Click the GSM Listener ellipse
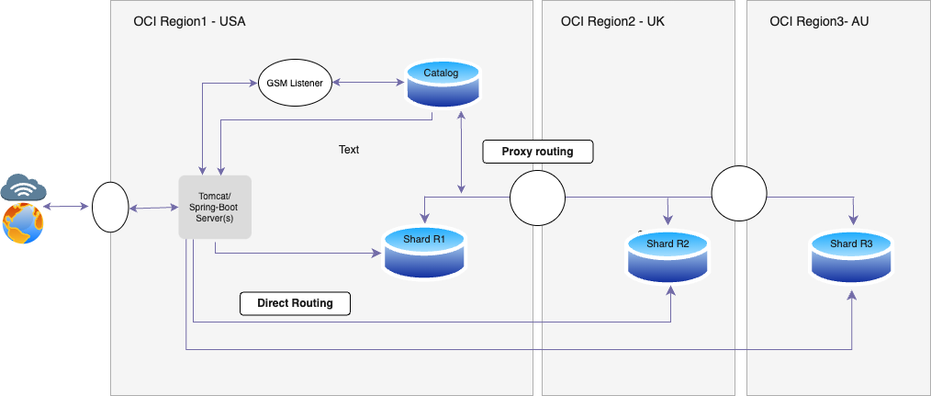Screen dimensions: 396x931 [x=293, y=84]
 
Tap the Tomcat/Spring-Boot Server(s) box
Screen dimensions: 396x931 [x=214, y=206]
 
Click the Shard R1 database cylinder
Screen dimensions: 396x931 [x=424, y=252]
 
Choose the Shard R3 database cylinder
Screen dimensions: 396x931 [x=851, y=255]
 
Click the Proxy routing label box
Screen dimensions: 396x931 [x=537, y=152]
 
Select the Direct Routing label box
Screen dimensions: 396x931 [x=295, y=302]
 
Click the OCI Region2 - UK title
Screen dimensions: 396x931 [x=612, y=21]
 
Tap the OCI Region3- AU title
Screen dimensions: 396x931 [x=819, y=21]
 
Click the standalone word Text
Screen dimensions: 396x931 [x=349, y=149]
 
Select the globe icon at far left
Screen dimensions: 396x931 [x=22, y=224]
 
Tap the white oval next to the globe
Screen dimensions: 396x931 [x=110, y=208]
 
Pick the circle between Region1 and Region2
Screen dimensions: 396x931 [x=537, y=198]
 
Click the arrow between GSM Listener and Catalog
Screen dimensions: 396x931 [x=368, y=84]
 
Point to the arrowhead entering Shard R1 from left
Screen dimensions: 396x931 [x=376, y=252]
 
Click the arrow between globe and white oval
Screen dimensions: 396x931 [x=69, y=209]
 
